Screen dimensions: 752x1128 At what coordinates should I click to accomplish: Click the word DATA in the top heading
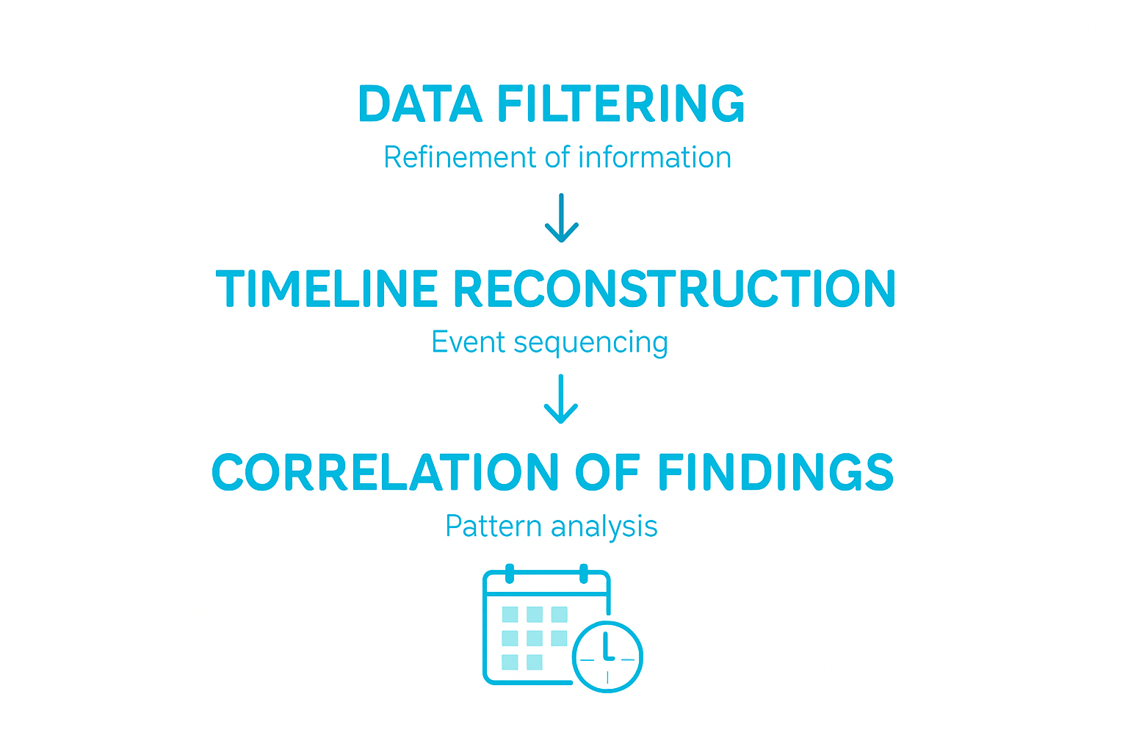pos(419,104)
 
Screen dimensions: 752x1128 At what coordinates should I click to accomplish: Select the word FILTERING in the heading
pos(621,104)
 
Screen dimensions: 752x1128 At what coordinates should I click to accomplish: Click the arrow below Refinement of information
pos(562,218)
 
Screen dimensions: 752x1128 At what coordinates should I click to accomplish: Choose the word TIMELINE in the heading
pos(327,288)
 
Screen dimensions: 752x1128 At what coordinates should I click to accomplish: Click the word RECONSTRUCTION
pos(674,288)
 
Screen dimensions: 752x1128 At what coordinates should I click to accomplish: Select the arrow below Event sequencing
pos(562,399)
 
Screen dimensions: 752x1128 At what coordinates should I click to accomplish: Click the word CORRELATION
pos(385,471)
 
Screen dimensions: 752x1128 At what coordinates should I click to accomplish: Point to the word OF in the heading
pos(607,471)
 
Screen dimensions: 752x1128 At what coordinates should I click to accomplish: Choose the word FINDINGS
pos(775,471)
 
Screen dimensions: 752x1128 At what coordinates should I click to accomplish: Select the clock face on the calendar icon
pos(607,657)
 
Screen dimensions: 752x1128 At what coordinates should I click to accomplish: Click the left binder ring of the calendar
pos(510,573)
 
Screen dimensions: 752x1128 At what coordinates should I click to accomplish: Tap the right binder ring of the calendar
pos(584,573)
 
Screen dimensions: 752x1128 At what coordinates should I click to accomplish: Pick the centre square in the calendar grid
pos(535,638)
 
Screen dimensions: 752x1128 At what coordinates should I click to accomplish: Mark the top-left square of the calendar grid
pos(510,614)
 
